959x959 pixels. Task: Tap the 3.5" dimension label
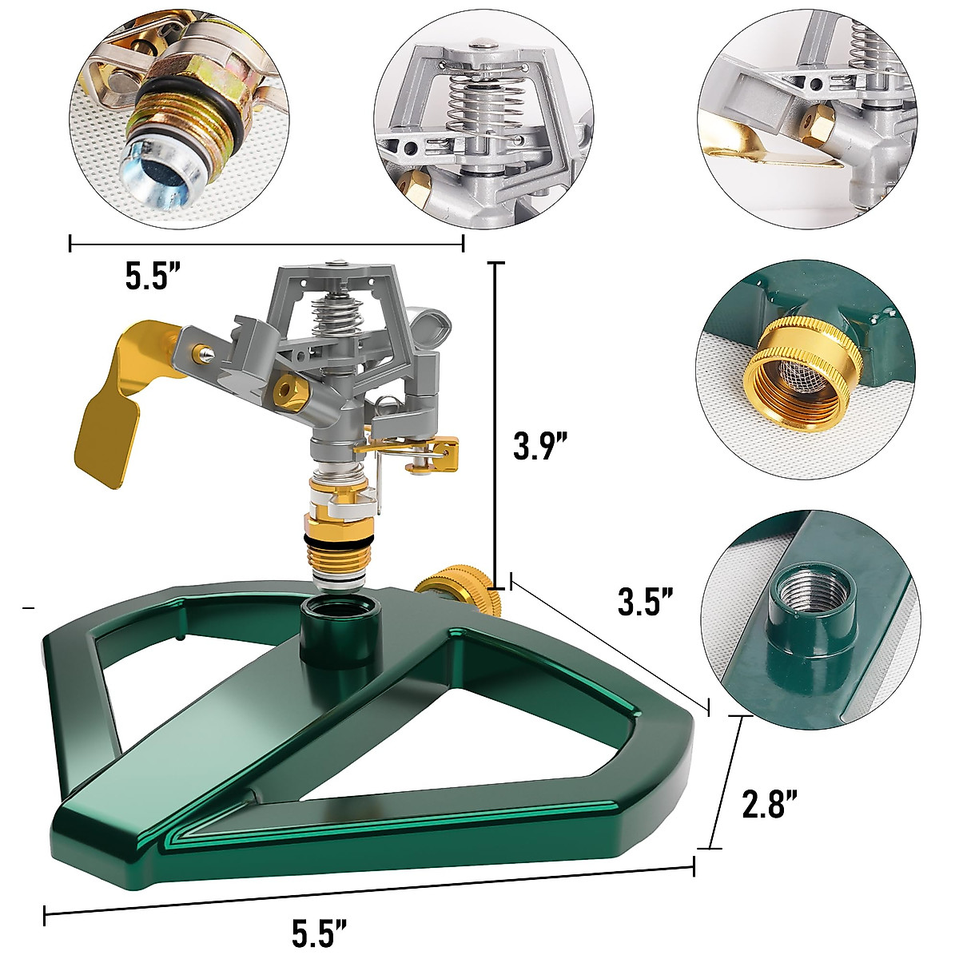646,601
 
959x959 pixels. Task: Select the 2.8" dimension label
771,805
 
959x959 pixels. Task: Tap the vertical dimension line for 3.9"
496,424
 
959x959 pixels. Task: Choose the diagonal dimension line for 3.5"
609,643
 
